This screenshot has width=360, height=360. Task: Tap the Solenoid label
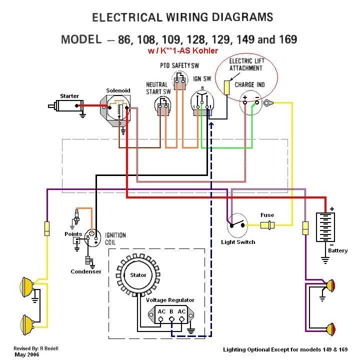tap(118, 90)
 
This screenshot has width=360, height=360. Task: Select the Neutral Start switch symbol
tap(163, 106)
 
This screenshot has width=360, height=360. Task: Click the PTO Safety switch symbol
tap(179, 80)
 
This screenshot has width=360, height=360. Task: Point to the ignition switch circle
tap(202, 103)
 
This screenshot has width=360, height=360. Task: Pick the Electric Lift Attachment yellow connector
tap(226, 87)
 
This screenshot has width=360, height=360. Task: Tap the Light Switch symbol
tap(237, 226)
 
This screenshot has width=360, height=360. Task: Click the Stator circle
tap(138, 275)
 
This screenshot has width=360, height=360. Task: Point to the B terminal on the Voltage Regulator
tap(171, 312)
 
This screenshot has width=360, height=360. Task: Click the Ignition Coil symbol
tap(91, 236)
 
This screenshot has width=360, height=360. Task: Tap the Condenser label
tap(86, 271)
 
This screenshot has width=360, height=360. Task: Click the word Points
tap(73, 234)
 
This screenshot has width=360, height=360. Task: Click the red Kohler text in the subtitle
tap(205, 50)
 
